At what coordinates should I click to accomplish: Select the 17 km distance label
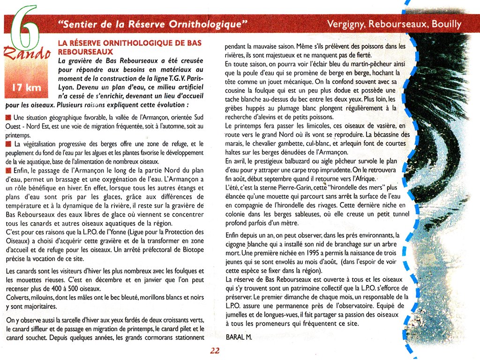[26, 88]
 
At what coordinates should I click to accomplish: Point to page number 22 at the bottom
[215, 351]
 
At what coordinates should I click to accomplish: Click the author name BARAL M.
[239, 337]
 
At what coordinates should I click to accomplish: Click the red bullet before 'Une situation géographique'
[8, 117]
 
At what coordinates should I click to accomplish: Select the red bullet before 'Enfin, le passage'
[8, 171]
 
